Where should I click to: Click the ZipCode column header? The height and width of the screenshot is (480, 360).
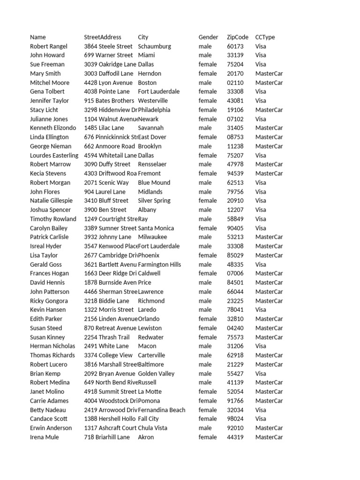[x=237, y=37]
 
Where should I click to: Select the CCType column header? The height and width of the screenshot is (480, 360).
[x=265, y=37]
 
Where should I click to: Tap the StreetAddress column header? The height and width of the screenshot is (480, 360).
[x=102, y=37]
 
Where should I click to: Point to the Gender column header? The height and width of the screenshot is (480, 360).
[x=208, y=37]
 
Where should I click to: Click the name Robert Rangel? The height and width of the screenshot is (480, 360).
[x=48, y=46]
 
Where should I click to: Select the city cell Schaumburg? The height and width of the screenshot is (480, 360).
[x=154, y=46]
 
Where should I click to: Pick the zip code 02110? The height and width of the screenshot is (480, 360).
[x=235, y=82]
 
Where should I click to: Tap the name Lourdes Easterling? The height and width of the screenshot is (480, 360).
[x=54, y=155]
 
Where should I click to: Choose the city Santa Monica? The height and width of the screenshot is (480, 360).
[x=156, y=228]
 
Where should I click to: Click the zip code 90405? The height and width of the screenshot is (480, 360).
[x=235, y=228]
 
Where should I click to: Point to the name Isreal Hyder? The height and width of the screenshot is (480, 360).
[x=45, y=246]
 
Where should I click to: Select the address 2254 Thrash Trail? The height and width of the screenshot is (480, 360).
[x=106, y=337]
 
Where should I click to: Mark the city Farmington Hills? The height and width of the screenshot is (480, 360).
[x=159, y=264]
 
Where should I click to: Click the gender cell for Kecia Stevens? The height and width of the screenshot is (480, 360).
[x=208, y=173]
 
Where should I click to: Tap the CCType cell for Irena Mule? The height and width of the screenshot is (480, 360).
[x=269, y=437]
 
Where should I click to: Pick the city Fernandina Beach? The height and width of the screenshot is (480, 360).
[x=161, y=410]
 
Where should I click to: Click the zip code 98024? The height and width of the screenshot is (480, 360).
[x=235, y=419]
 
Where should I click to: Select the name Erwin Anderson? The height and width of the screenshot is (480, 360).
[x=51, y=428]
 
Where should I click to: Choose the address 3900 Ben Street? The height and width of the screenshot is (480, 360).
[x=105, y=210]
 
